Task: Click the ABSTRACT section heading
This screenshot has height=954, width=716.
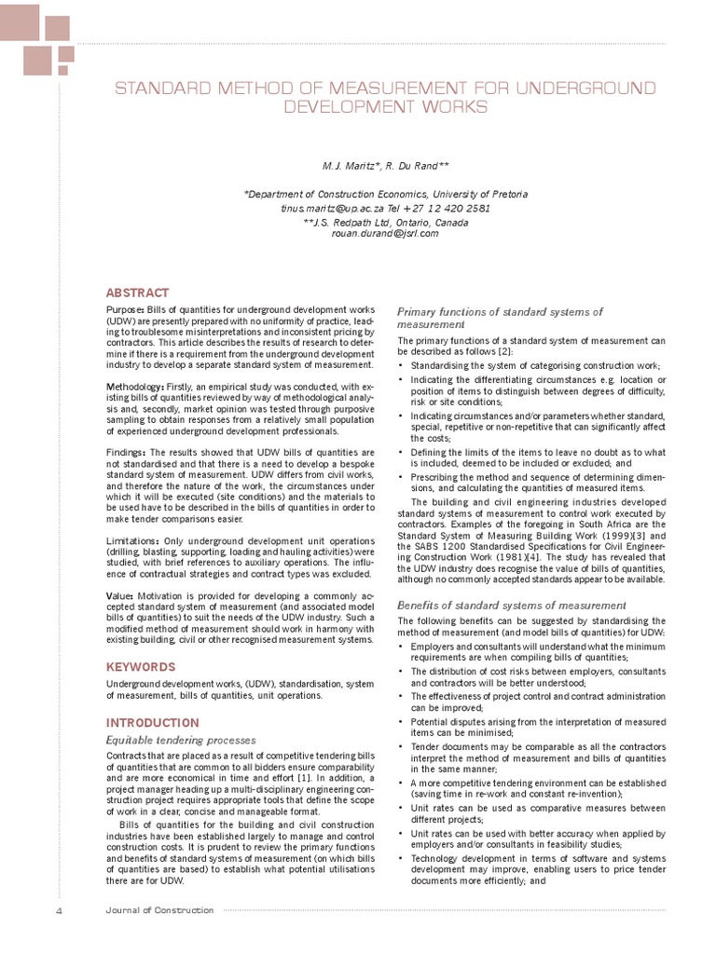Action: point(137,292)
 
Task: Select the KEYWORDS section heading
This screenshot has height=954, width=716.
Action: point(140,667)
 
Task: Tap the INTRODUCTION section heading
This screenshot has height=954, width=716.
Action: point(152,722)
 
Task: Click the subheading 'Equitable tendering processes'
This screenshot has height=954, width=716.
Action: point(181,740)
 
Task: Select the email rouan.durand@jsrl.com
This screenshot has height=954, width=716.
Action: point(384,234)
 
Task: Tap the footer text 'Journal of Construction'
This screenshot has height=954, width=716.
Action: point(158,910)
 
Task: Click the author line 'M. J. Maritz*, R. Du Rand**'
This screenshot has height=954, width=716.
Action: point(384,166)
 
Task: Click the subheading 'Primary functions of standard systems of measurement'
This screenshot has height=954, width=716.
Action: point(500,318)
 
